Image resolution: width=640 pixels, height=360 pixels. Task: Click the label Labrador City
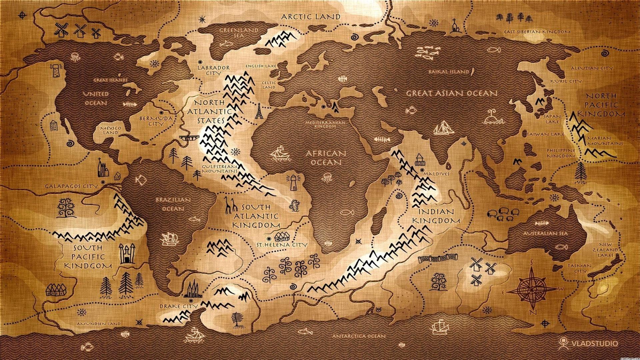click(x=213, y=70)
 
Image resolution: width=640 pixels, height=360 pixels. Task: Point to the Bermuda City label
click(x=156, y=121)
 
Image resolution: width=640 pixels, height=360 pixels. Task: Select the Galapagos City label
click(x=71, y=186)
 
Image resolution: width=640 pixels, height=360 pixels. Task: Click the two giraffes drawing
click(x=230, y=205)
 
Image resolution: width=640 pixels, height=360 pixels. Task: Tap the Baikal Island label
click(x=449, y=72)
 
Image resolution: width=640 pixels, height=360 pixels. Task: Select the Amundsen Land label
click(x=99, y=324)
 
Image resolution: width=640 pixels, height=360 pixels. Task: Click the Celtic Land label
click(x=269, y=85)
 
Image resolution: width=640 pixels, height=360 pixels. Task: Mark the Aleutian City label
click(x=591, y=68)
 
